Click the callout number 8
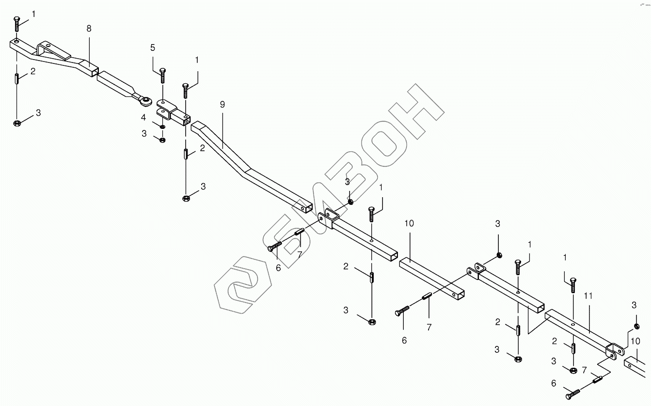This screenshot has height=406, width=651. tap(89, 29)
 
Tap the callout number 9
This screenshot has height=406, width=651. tap(222, 104)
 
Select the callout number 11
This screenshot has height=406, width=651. tap(588, 295)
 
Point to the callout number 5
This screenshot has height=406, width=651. tap(153, 47)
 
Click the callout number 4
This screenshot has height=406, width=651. tap(143, 117)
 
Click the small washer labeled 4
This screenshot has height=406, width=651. tap(162, 127)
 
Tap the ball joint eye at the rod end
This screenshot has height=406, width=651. tap(145, 101)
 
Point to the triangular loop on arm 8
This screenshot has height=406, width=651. tap(48, 48)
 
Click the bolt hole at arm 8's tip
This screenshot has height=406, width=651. tap(17, 42)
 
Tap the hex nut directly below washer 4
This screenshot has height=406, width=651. tap(162, 140)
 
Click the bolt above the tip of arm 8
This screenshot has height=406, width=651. tap(17, 22)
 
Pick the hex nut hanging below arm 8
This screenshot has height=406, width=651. tap(17, 123)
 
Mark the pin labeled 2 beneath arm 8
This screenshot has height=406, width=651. tap(17, 78)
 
